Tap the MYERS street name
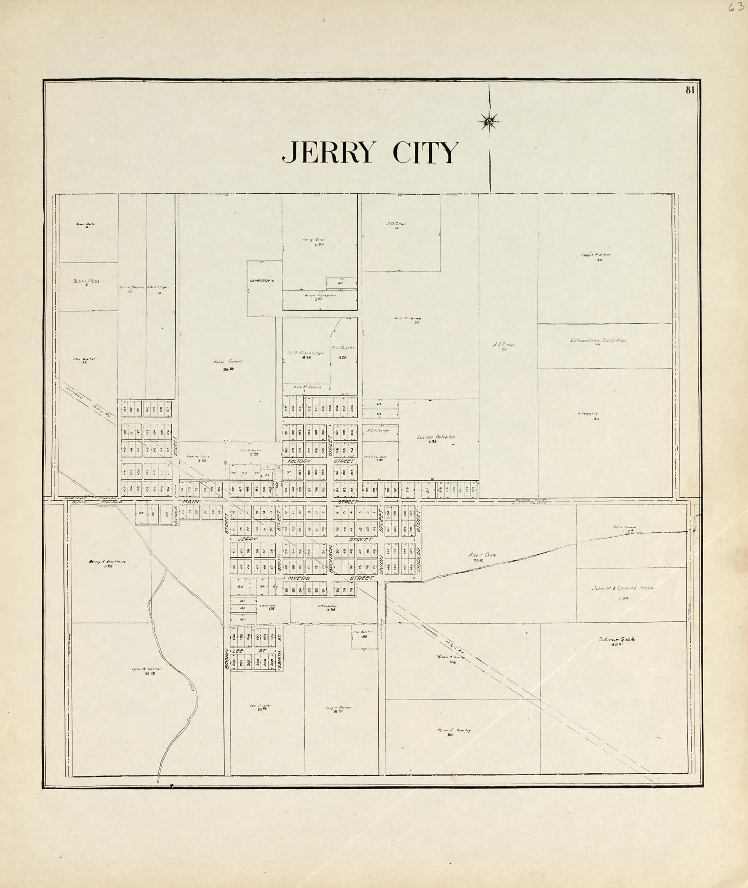299,578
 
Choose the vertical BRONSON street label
331,558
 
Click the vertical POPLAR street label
418,559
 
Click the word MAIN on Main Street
190,502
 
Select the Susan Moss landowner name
86,281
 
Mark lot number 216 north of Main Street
407,489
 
